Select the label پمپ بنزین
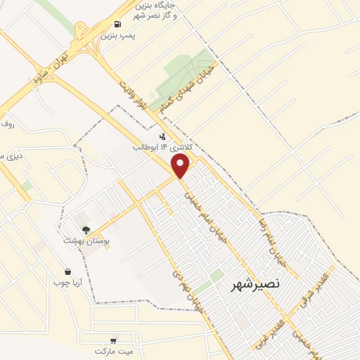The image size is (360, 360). [x=117, y=34]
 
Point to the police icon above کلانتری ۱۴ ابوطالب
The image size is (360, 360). [x=163, y=136]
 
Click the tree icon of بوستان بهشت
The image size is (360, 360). [x=86, y=229]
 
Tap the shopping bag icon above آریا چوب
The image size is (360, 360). [x=67, y=271]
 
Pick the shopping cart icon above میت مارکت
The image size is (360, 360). [x=114, y=339]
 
